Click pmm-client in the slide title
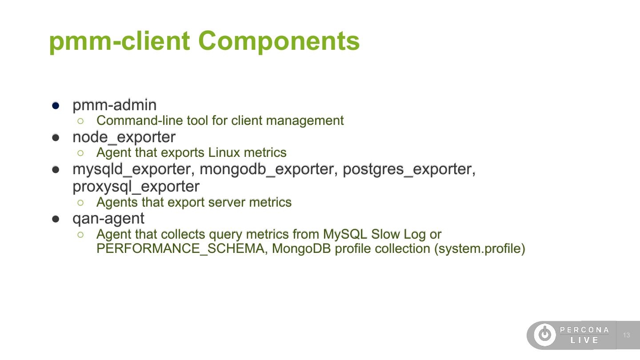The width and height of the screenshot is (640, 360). click(x=119, y=41)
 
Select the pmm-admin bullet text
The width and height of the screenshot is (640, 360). click(x=114, y=105)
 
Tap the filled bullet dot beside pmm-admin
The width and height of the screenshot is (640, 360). click(x=56, y=105)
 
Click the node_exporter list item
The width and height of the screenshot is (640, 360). click(x=124, y=137)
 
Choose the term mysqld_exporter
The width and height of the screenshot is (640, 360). click(x=132, y=169)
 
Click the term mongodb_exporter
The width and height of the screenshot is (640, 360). click(x=267, y=169)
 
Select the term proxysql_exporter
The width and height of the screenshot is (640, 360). click(x=136, y=186)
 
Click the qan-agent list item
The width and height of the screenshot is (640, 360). click(x=108, y=218)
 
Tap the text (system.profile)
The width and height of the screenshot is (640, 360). click(x=480, y=248)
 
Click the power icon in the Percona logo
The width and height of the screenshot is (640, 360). click(x=544, y=335)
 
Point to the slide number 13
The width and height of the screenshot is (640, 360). click(x=627, y=335)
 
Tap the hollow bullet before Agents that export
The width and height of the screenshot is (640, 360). click(x=80, y=202)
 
